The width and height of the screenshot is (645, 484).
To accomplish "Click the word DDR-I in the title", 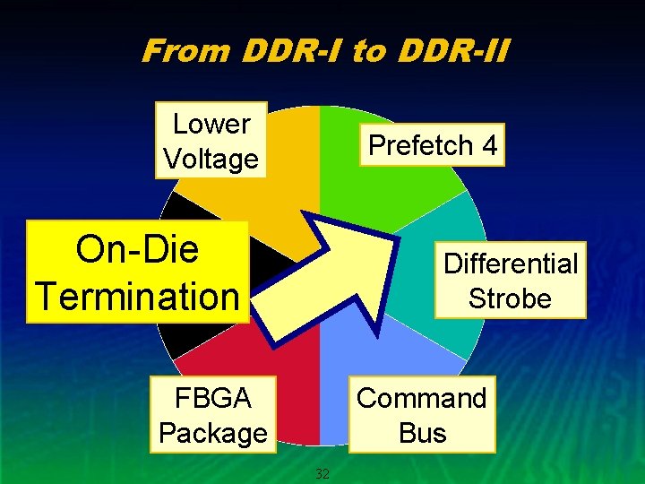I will click(290, 51).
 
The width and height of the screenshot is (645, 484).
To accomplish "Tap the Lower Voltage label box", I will click(211, 141).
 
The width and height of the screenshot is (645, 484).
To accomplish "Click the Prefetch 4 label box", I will click(433, 145).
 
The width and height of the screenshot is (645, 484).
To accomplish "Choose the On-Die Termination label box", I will click(138, 272).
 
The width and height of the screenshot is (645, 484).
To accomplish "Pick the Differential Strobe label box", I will click(510, 281).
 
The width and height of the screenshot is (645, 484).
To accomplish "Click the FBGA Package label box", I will click(212, 415).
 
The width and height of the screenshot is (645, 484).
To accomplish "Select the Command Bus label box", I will click(422, 415).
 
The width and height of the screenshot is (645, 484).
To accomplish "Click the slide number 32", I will click(322, 472).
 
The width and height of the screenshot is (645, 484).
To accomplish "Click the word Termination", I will click(138, 295).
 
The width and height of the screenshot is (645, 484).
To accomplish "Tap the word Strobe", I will click(510, 298).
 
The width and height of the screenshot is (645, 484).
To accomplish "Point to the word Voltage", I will click(211, 160).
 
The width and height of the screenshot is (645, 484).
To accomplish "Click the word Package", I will click(212, 433).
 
